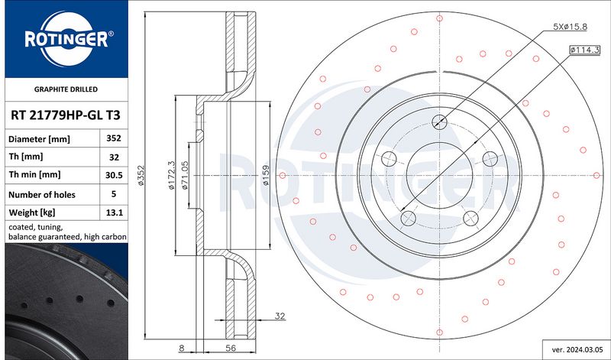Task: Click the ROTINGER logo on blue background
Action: tap(66, 39)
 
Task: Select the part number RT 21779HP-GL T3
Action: tap(66, 115)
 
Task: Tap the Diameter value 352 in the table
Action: tap(114, 138)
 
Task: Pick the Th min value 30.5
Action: tap(114, 175)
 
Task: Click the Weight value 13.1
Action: tap(114, 212)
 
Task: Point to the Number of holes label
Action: tap(42, 195)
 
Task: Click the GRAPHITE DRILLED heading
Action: tap(66, 89)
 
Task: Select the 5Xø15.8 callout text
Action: tap(570, 27)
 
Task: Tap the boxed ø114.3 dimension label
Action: tap(584, 50)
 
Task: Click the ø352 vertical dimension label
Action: tap(141, 175)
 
